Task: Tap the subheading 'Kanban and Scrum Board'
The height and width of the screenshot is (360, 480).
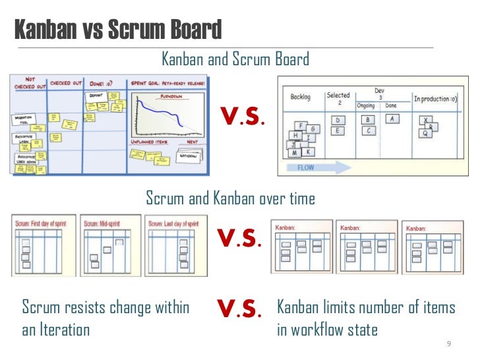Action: coord(235,60)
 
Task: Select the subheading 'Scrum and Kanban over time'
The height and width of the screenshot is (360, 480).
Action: coord(230,198)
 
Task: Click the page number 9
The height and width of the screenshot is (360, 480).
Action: coord(448,345)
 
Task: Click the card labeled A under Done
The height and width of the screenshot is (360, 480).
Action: coord(392,119)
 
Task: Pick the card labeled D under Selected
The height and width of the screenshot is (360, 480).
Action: coord(338,121)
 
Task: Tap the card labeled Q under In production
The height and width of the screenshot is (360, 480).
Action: coord(426,132)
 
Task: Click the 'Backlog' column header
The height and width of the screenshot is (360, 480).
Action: coord(301,97)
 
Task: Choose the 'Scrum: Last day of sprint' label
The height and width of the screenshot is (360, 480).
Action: coord(173,224)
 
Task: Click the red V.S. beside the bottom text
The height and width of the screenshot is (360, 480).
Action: coord(239,308)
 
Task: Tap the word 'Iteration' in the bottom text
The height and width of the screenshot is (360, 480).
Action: coord(65,330)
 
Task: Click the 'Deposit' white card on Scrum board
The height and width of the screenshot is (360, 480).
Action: coord(96,96)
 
